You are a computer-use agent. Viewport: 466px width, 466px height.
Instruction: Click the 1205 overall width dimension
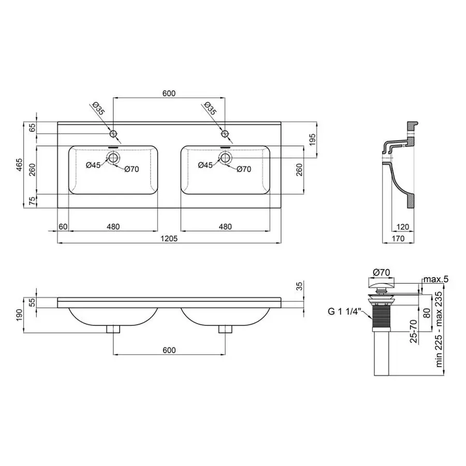point(169,238)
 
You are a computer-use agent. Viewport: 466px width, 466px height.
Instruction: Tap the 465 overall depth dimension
point(19,165)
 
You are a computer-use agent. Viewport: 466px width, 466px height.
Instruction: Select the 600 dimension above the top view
point(169,93)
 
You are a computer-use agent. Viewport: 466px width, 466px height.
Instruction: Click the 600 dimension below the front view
point(169,350)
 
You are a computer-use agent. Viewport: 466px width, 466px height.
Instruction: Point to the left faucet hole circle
point(113,134)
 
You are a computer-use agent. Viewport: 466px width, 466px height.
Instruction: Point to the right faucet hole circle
point(225,134)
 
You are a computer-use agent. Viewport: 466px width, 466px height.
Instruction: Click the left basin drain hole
point(113,157)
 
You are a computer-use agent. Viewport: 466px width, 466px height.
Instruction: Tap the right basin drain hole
point(225,157)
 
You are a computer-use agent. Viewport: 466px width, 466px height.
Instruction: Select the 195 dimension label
point(312,140)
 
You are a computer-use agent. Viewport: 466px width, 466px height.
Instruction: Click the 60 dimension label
point(63,227)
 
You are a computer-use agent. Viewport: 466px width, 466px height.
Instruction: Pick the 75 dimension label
point(32,201)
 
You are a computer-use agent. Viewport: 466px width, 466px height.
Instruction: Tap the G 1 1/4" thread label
point(344,311)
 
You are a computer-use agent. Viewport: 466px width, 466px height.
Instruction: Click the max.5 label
point(435,280)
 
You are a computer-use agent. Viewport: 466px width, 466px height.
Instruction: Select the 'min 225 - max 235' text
point(439,329)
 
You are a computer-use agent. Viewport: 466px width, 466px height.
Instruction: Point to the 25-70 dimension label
point(414,331)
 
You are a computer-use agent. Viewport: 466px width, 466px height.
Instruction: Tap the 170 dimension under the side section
point(398,238)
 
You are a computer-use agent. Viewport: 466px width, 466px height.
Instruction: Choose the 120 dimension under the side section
point(403,227)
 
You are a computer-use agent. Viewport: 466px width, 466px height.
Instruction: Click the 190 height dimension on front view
point(19,315)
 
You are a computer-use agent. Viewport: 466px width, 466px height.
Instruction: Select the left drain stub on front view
point(113,329)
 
